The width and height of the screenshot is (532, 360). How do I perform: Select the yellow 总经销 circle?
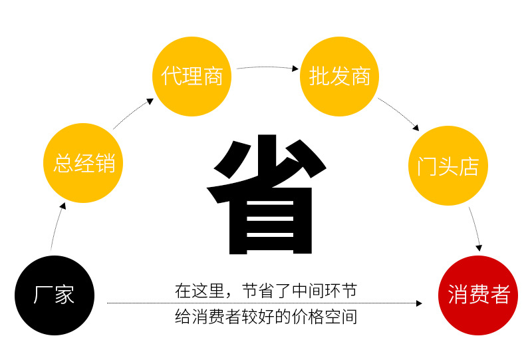84,163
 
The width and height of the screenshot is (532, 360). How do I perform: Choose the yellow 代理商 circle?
192,77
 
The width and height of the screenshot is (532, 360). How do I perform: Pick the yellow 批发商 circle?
340,77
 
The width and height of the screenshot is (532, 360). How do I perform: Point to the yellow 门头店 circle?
448,166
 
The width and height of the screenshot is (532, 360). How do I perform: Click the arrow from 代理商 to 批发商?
266,67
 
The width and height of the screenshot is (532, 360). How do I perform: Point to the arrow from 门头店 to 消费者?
475,230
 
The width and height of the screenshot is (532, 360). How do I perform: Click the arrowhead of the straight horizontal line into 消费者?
418,303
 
